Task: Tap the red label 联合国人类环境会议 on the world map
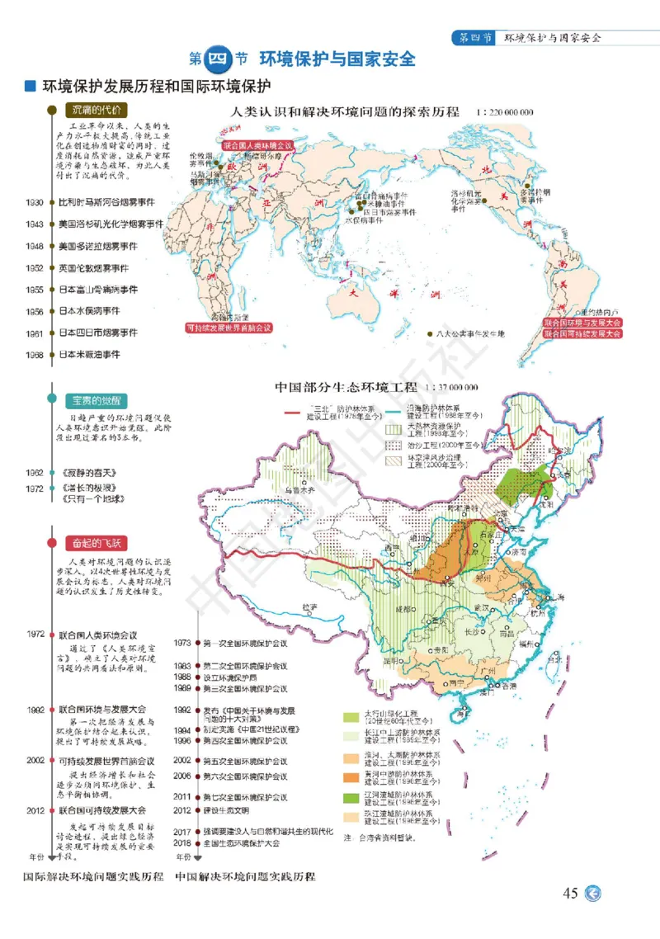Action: tap(257, 143)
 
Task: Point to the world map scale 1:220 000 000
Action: tap(504, 111)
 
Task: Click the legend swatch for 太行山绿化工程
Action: tap(351, 715)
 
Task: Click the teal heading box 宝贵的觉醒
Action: tap(97, 400)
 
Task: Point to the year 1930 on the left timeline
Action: tap(35, 202)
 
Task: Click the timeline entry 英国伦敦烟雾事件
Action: tap(93, 268)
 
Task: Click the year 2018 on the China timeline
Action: tap(182, 843)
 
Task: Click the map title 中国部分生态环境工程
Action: tap(345, 386)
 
